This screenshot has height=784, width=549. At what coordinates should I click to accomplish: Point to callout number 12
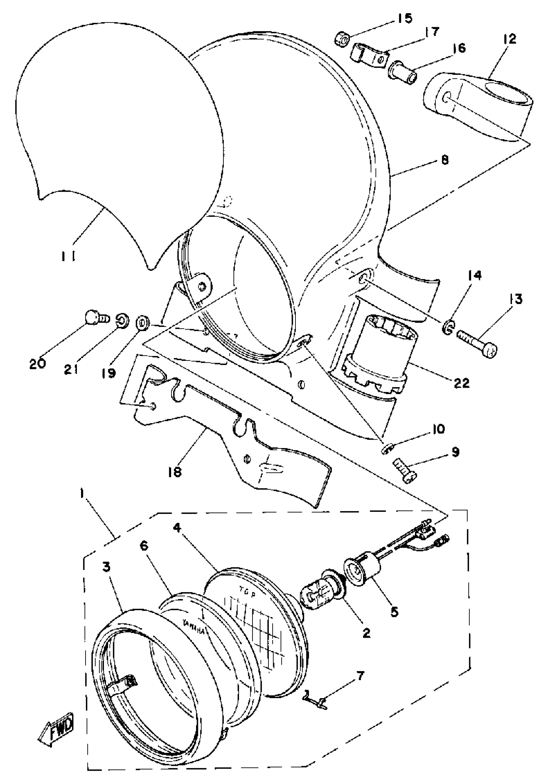[x=509, y=39]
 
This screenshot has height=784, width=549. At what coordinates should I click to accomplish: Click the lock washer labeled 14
[x=449, y=329]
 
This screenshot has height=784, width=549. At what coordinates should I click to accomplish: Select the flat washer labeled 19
[x=142, y=323]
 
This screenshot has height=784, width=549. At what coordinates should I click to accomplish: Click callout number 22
[x=461, y=383]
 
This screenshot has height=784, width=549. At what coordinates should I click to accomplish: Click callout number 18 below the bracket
[x=175, y=472]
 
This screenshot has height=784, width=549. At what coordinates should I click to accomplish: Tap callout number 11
[x=69, y=256]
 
